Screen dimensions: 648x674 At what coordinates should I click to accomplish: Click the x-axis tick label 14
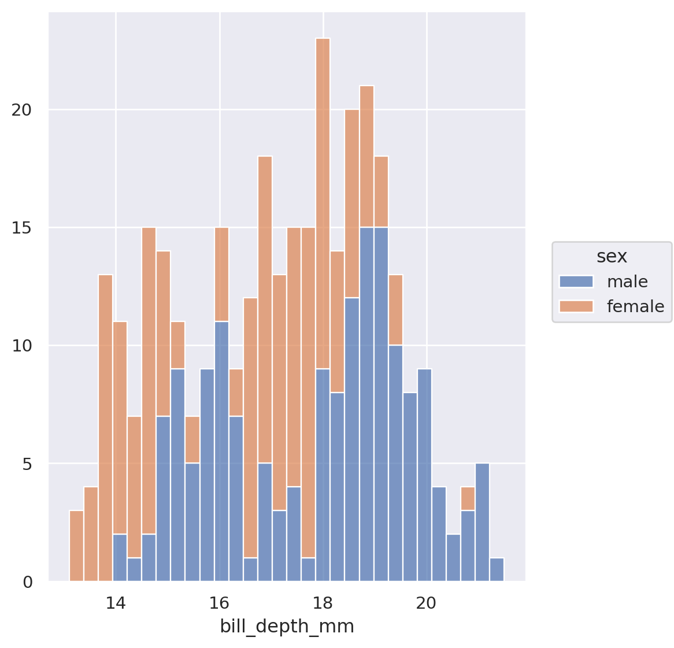[116, 603]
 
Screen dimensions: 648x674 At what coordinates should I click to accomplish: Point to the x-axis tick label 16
[219, 603]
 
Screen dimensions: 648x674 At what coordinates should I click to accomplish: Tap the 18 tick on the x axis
[323, 603]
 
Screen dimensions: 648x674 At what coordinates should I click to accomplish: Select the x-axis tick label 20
[426, 603]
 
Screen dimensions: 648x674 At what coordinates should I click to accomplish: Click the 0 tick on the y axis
[28, 582]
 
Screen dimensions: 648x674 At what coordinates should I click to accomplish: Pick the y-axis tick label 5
[28, 464]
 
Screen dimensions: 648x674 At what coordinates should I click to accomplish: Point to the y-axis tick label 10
[21, 346]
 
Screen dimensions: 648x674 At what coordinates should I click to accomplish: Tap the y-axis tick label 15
[21, 228]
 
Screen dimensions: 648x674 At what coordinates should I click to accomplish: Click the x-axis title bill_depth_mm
[287, 627]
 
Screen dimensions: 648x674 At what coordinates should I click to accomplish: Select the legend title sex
[612, 256]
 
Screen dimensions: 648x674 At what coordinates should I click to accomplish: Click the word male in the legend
[627, 282]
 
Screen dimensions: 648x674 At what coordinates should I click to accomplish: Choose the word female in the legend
[635, 306]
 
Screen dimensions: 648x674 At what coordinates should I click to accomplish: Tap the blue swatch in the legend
[576, 282]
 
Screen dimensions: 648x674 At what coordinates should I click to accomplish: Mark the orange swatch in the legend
[576, 306]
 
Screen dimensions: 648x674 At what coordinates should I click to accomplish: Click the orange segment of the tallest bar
[323, 202]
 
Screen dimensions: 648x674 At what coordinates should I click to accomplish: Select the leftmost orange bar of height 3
[76, 546]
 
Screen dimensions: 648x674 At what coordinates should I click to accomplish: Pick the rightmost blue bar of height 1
[497, 569]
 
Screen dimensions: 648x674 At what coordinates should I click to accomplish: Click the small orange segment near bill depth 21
[468, 499]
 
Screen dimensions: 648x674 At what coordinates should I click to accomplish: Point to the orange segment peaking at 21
[366, 156]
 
